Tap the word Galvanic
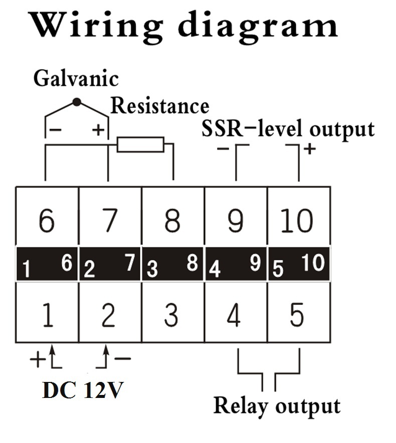[76, 78]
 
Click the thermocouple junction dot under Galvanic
[77, 102]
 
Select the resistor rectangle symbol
[140, 145]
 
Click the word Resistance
[160, 106]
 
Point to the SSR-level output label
[288, 129]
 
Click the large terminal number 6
[47, 220]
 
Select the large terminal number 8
[172, 220]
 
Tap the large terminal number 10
[297, 220]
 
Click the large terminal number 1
[48, 315]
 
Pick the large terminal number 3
[171, 315]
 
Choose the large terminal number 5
[297, 315]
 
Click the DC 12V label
[83, 390]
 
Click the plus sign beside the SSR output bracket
[310, 149]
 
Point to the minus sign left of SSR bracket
[223, 149]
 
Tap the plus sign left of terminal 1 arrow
[38, 359]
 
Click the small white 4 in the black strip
[215, 269]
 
